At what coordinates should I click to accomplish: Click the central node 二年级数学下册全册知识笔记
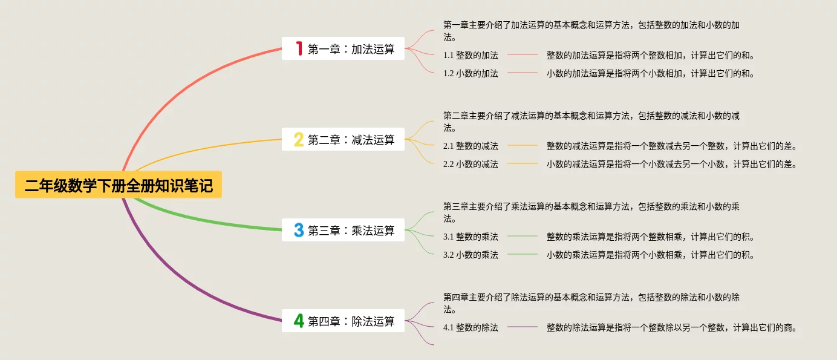119,185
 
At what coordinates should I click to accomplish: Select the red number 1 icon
299,48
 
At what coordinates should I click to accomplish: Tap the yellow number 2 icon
299,140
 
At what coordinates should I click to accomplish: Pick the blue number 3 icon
299,230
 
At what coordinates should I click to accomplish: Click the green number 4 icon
299,321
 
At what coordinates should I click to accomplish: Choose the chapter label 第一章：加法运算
351,49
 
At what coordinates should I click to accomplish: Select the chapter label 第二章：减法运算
351,140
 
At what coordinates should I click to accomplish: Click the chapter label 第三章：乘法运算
351,231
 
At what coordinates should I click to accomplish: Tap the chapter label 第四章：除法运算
351,321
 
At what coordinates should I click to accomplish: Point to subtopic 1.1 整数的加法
471,55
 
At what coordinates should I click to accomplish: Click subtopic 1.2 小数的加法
471,73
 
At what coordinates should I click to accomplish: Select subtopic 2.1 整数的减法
471,146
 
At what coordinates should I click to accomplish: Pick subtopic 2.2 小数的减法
471,164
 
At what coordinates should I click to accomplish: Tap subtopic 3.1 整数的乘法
471,237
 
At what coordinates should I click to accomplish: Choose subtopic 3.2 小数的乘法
471,255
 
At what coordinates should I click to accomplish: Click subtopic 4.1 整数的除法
471,327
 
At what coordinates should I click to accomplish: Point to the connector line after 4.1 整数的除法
523,327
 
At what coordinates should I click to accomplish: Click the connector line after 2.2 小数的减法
523,164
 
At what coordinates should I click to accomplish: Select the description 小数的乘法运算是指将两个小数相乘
650,255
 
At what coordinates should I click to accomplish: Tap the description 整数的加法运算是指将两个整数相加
650,55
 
